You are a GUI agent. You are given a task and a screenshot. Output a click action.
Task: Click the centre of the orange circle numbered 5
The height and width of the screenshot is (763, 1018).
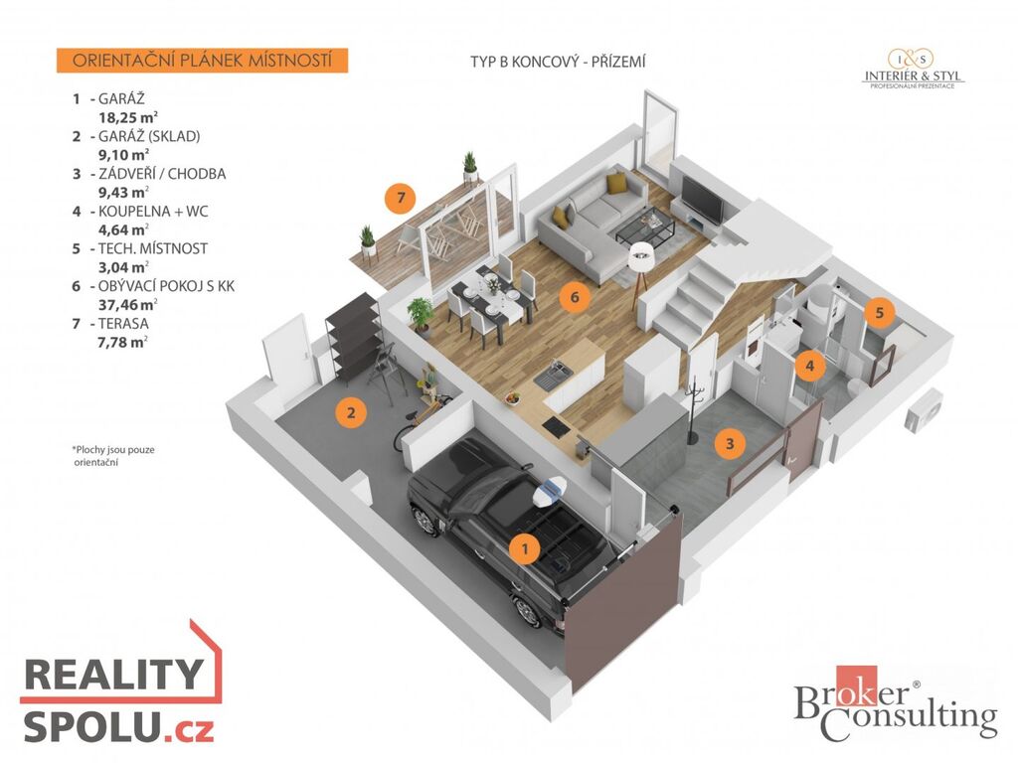[x=880, y=313]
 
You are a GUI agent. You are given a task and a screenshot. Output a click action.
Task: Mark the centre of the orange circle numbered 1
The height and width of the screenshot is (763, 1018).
[x=525, y=548]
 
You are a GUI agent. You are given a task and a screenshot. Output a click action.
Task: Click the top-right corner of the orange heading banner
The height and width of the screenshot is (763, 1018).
[x=348, y=48]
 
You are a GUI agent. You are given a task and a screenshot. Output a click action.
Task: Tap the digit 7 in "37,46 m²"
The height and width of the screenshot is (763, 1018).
[x=112, y=305]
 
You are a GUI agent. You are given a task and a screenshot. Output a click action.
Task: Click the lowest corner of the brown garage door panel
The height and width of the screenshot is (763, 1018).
[x=573, y=692]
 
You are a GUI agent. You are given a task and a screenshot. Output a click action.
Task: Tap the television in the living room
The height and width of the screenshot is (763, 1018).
[x=703, y=200]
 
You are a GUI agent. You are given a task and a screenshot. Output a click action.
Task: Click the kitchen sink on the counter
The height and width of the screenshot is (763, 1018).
[x=553, y=375]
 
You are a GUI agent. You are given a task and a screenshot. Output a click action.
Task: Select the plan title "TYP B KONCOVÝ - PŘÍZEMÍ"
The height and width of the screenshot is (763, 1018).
[x=558, y=62]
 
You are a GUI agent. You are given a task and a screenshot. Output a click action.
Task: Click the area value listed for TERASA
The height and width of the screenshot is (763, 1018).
[x=122, y=342]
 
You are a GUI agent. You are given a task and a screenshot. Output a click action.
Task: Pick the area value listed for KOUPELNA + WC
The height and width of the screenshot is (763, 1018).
[x=123, y=229]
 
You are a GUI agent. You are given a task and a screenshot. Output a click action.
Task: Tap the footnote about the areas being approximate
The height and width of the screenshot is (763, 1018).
[x=113, y=455]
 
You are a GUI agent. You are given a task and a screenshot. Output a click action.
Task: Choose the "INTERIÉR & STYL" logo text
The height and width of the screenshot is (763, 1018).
[x=913, y=76]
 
